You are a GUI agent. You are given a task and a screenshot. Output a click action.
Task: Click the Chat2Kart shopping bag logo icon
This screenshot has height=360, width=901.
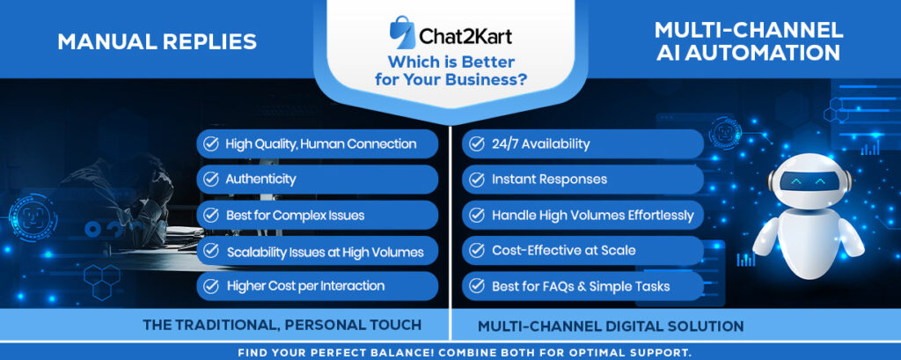[x=402, y=33]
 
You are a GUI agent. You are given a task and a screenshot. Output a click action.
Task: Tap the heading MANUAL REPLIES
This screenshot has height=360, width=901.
[x=157, y=42]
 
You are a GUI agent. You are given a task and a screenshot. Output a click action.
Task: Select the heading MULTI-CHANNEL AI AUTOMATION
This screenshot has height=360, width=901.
[x=749, y=40]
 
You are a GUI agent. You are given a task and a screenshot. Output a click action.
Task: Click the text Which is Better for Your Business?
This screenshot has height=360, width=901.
[x=450, y=70]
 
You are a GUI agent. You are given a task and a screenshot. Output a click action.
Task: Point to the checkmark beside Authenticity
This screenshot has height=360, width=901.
[x=211, y=180]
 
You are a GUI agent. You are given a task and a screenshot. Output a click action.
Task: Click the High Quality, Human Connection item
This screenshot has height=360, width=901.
[x=317, y=143]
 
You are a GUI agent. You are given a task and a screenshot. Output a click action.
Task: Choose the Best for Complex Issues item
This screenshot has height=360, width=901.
[x=317, y=215]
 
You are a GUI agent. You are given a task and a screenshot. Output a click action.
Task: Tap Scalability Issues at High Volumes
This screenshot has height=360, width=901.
[x=317, y=251]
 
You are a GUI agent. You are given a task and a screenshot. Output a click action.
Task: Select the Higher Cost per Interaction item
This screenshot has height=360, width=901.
[x=317, y=286]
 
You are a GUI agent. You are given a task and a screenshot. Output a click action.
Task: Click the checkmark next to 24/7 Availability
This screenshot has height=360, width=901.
[x=476, y=143]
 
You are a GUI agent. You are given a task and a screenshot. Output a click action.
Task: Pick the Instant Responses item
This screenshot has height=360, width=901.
[x=582, y=180]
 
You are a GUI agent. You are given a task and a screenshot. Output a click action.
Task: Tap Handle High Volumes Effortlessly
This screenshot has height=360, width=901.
[x=582, y=215]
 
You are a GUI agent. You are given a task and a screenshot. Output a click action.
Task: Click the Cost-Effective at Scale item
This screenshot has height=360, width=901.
[x=582, y=251]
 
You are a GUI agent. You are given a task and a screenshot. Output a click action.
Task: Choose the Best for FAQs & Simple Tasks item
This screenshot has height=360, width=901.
[x=582, y=286]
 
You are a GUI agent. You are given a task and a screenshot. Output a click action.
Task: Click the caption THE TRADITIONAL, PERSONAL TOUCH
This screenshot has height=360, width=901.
[x=282, y=325]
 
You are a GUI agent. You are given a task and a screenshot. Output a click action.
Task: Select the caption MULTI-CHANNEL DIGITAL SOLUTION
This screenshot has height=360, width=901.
[x=611, y=327]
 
